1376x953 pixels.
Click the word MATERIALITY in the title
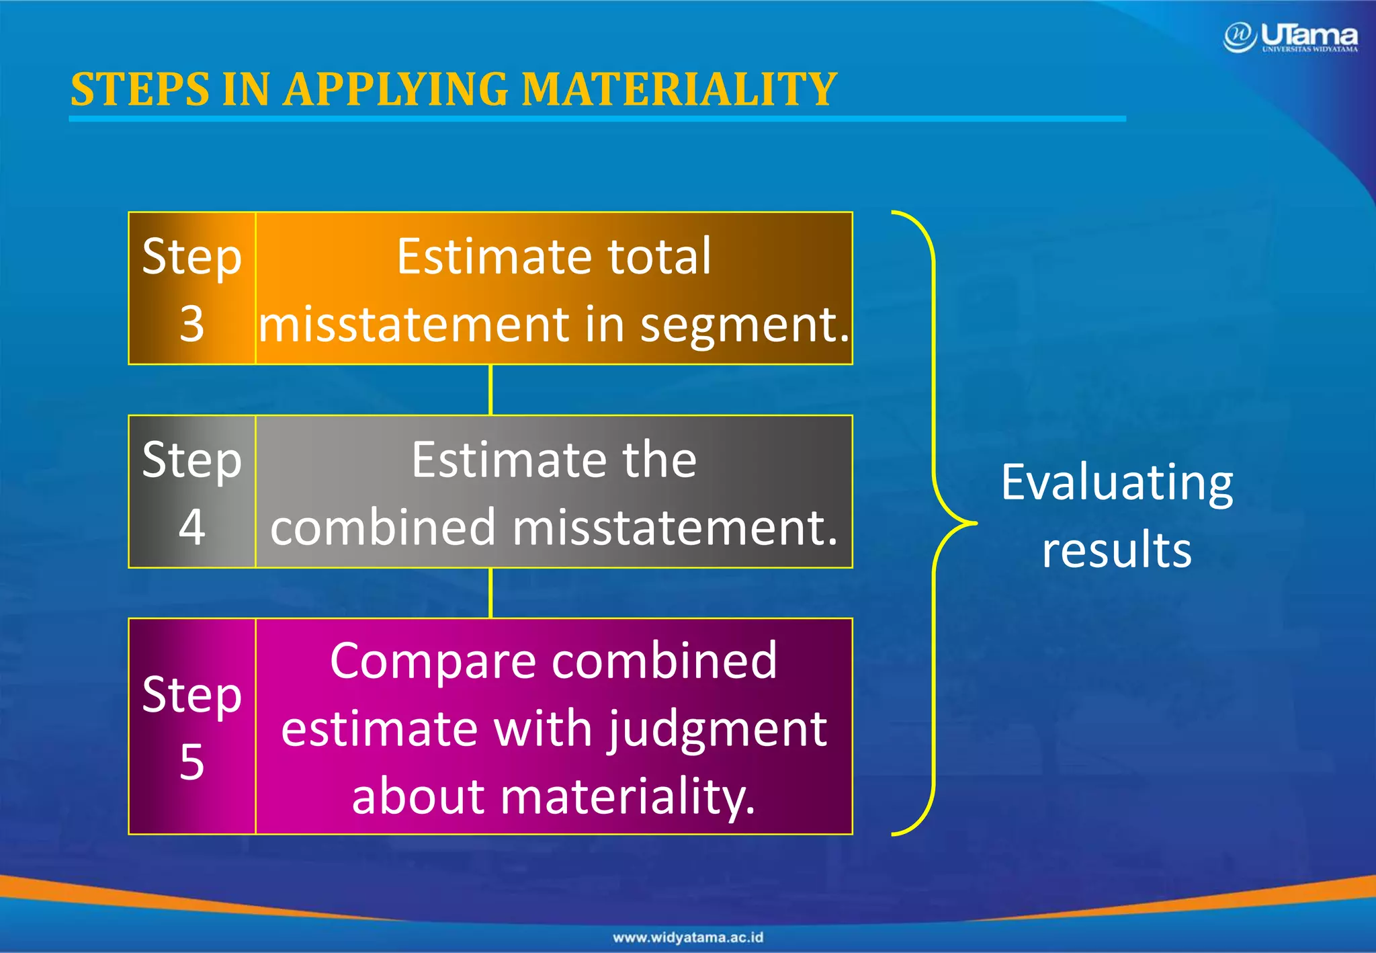679,89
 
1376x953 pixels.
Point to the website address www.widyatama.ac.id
688,937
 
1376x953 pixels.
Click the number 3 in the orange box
191,324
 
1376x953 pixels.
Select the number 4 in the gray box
191,527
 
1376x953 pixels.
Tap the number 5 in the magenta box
191,762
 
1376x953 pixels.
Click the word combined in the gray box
383,528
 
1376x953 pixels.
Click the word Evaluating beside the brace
1117,484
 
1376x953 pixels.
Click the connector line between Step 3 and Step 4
490,390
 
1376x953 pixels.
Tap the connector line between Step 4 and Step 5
490,593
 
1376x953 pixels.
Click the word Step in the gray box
191,461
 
